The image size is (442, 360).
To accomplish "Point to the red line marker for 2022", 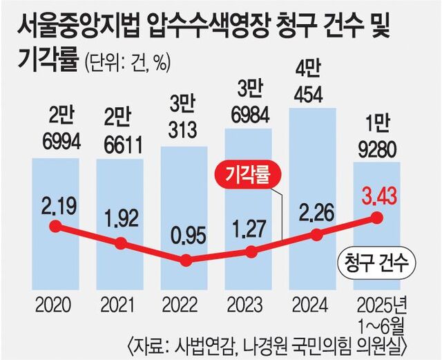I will (x=185, y=260).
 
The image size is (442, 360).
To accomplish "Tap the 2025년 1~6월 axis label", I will (x=378, y=312).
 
